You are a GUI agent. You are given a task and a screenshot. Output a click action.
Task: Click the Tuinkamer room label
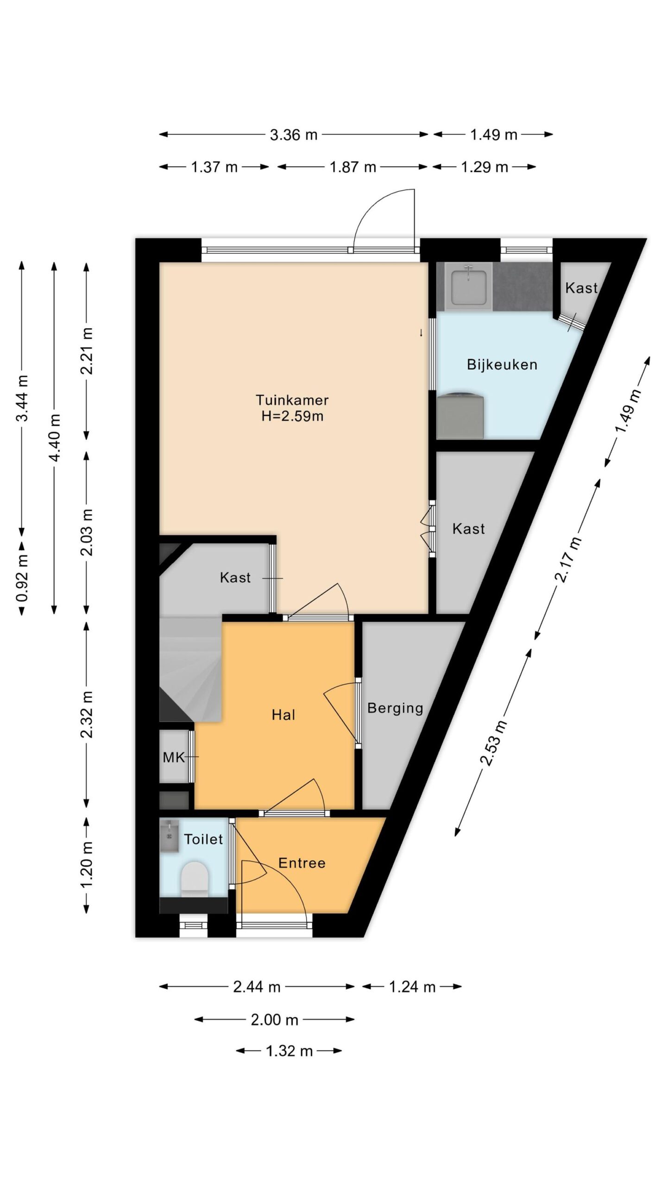coord(292,400)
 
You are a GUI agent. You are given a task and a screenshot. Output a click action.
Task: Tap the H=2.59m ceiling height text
coord(292,416)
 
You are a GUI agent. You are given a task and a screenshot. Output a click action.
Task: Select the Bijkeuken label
coord(502,365)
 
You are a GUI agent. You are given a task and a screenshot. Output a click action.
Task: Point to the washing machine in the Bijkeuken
coord(460,415)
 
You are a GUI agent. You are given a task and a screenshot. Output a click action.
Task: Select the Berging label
coord(395,709)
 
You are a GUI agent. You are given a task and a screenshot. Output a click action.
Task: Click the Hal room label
coord(283,715)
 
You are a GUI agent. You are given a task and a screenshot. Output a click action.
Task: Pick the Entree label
coord(302,863)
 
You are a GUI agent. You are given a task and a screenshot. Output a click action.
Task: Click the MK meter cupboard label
coord(174,757)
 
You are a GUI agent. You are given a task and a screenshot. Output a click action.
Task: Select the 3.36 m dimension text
coord(294,135)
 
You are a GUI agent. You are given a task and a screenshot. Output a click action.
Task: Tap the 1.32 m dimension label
coord(289,1051)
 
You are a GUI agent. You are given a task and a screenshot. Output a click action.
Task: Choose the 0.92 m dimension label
coord(22,578)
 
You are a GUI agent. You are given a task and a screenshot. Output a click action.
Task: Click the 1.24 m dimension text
coord(412,987)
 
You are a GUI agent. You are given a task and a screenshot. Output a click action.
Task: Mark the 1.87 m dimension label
coord(353,167)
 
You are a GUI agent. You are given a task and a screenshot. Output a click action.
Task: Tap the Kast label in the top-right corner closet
coord(581,288)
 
